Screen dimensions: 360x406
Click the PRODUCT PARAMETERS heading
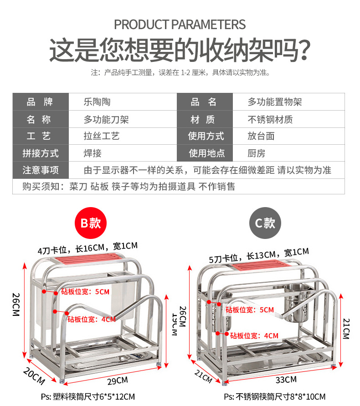(180, 24)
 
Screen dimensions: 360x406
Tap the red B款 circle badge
(90, 223)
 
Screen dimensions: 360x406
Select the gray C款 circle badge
(265, 223)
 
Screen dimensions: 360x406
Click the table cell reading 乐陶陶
(97, 102)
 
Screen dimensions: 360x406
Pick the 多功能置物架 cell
(275, 102)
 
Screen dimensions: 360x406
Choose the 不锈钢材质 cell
(270, 120)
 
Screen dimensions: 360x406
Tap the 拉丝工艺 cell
(102, 137)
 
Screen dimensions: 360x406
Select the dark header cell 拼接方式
(41, 153)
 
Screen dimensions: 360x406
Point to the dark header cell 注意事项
(41, 171)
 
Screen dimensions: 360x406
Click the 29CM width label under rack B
(117, 380)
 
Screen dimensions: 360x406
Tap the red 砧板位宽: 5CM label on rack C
(250, 310)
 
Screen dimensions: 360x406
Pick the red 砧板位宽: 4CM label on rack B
(92, 319)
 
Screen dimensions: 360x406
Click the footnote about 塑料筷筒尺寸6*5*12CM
(87, 396)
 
